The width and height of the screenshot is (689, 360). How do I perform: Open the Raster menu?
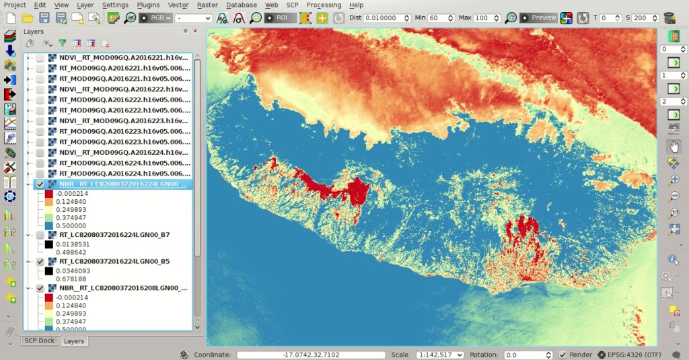tap(207, 5)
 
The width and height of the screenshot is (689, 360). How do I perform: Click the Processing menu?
tap(324, 5)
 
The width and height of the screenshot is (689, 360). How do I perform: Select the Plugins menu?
tap(148, 5)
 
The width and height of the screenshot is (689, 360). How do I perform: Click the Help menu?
tap(356, 5)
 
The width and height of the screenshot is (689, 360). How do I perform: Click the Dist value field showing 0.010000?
tap(386, 18)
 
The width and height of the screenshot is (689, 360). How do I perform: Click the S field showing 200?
tap(644, 18)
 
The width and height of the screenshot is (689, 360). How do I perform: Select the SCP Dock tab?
tap(40, 341)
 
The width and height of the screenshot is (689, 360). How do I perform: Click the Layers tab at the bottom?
tap(73, 341)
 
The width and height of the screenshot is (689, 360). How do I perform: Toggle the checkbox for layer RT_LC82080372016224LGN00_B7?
tap(40, 235)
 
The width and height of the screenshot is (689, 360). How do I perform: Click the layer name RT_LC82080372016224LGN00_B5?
tap(114, 261)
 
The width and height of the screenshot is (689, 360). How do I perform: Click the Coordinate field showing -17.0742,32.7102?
tap(310, 355)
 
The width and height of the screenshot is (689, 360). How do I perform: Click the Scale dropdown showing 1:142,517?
tap(441, 355)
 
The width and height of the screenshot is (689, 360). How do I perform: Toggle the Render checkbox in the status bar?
tap(563, 355)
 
